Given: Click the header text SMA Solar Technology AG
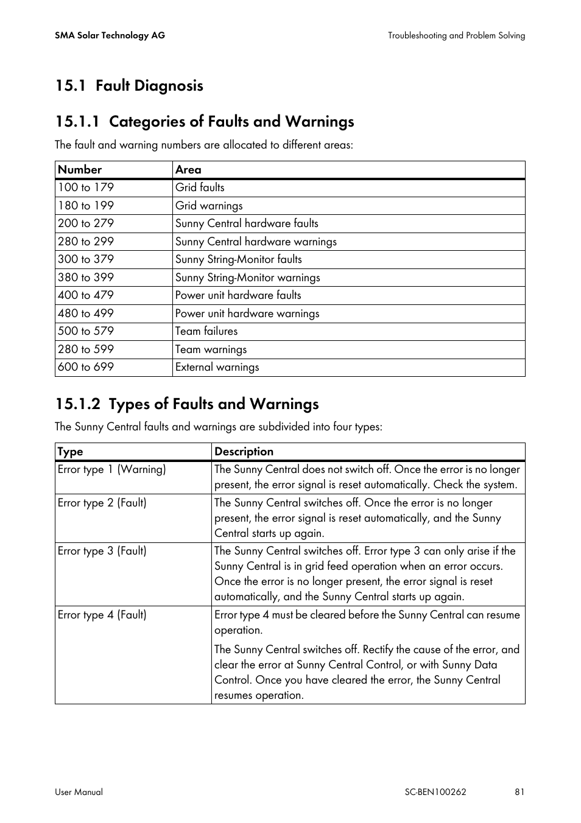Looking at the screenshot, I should click(110, 35).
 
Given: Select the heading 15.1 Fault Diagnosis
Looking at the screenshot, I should click(129, 85).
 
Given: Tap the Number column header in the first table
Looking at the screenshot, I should click(80, 170).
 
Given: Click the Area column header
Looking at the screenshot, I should click(188, 170).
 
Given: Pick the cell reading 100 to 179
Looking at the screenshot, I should click(86, 187).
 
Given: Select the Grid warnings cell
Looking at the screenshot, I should click(209, 206).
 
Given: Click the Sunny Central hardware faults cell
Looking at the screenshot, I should click(247, 223).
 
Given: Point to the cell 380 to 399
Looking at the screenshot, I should click(86, 278).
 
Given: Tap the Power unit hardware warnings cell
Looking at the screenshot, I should click(247, 313).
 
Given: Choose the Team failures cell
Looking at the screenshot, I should click(206, 331).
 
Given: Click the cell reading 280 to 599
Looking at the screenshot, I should click(86, 349).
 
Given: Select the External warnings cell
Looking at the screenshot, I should click(217, 367).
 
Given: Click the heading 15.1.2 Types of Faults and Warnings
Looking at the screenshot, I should click(187, 404).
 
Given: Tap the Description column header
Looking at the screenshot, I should click(244, 452).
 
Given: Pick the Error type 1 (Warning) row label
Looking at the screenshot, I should click(111, 469).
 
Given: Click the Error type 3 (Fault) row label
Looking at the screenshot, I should click(102, 551).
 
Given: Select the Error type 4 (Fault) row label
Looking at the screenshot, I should click(102, 615).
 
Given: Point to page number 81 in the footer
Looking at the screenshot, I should click(519, 792).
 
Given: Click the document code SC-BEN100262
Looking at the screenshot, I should click(435, 792).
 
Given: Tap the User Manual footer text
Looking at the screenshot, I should click(79, 792).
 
